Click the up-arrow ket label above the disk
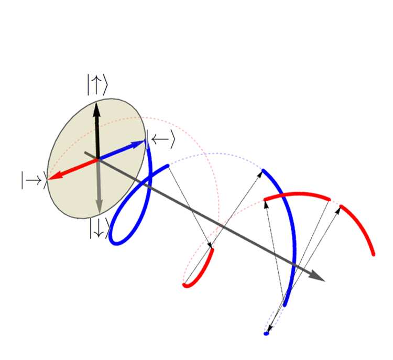click(x=97, y=85)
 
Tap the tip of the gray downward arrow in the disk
click(x=98, y=213)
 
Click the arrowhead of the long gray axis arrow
click(x=321, y=278)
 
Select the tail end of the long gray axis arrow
click(x=85, y=153)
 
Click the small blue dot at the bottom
click(x=266, y=333)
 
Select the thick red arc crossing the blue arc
click(x=296, y=195)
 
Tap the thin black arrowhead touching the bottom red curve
click(x=211, y=247)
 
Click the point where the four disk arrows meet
click(x=98, y=158)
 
